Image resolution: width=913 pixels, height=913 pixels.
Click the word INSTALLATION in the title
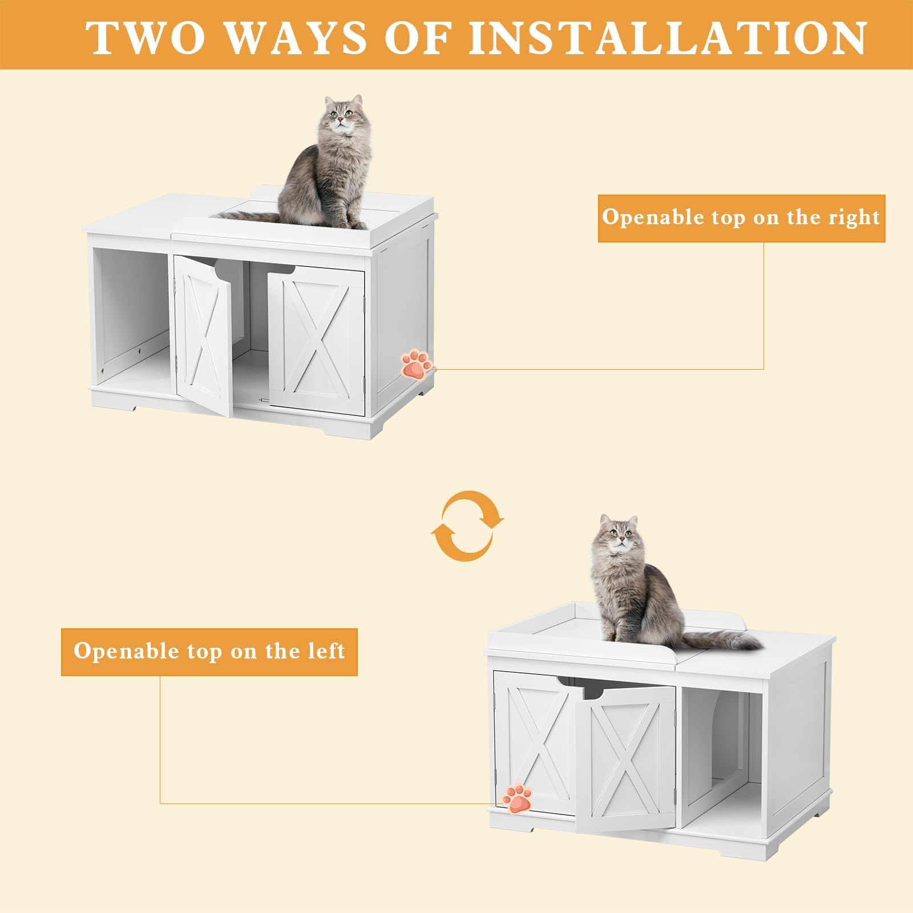pos(668,37)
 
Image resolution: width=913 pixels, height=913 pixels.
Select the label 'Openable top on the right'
pos(741,218)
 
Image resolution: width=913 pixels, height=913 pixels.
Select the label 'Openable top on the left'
pos(209,652)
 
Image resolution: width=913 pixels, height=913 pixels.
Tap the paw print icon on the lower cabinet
pos(517,798)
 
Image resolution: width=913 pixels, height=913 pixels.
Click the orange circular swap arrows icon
pos(467,526)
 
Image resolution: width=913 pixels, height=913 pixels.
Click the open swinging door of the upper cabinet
pos(204,337)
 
